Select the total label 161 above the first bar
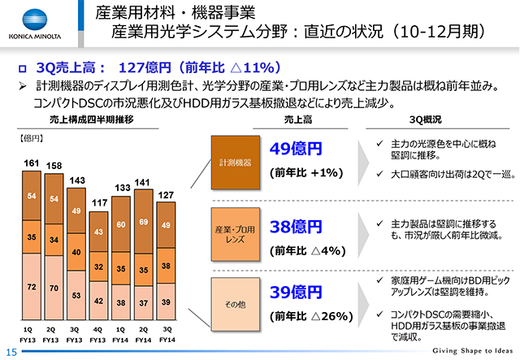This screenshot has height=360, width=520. (x=31, y=163)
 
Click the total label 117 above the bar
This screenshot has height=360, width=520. (x=97, y=202)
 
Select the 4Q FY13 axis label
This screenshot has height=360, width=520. (x=97, y=333)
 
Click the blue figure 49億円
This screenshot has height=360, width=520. (x=296, y=150)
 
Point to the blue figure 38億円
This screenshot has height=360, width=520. (x=296, y=227)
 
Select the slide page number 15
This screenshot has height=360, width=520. (x=11, y=350)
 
